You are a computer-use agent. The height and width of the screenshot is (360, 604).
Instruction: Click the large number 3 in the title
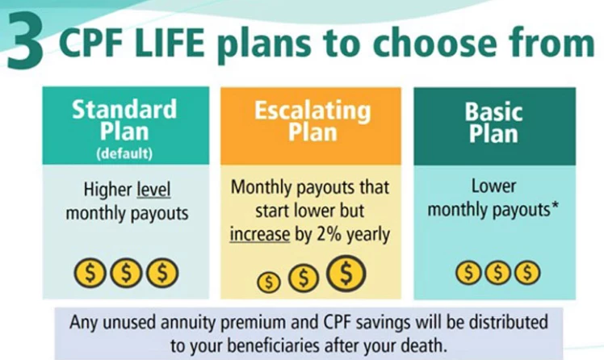[x=25, y=41]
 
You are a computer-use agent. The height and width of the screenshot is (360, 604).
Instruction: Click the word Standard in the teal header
[x=124, y=109]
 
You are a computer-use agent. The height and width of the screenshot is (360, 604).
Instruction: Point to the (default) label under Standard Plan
[x=124, y=153]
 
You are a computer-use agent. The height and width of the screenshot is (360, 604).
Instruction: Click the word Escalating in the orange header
[x=312, y=111]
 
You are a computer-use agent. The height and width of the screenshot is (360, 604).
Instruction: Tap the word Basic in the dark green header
[x=493, y=112]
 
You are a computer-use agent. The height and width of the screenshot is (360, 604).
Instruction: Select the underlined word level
[x=153, y=190]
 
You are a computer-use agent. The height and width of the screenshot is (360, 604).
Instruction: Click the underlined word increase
[x=260, y=234]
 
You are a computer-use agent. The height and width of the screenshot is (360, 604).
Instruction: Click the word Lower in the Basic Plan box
[x=493, y=186]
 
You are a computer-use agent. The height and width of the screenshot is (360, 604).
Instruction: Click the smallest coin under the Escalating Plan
[x=268, y=283]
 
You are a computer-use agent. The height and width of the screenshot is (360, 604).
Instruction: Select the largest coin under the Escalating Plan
[x=346, y=273]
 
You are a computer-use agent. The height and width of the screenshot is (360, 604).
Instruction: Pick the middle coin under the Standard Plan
[x=126, y=273]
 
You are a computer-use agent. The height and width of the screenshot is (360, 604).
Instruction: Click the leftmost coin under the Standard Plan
[x=90, y=273]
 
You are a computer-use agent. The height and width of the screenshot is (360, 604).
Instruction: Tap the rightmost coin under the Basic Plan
[x=528, y=273]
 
